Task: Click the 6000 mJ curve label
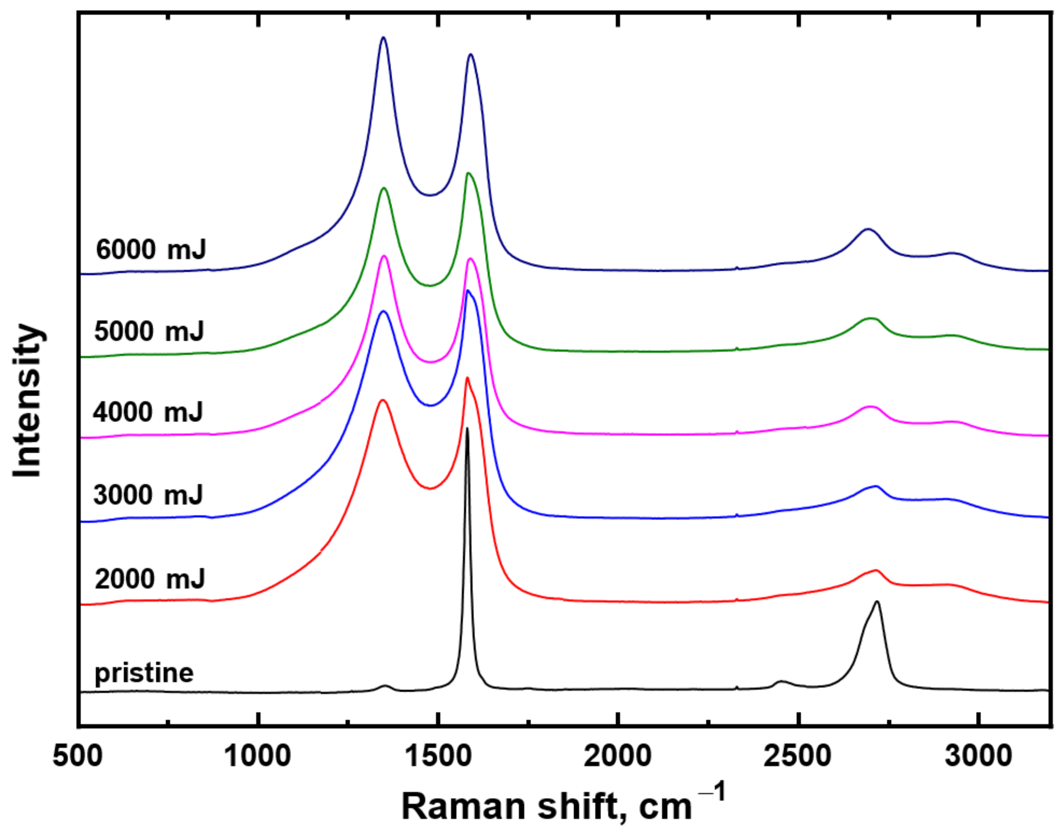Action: tap(151, 249)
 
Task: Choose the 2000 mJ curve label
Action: tap(150, 579)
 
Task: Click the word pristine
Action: tap(144, 673)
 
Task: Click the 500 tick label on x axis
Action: tap(78, 756)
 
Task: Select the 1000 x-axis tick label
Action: tap(257, 756)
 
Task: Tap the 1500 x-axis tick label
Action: tap(438, 756)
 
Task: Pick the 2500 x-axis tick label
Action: tap(798, 756)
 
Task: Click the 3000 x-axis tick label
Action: tap(978, 756)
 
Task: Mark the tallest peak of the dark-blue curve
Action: tap(383, 38)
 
